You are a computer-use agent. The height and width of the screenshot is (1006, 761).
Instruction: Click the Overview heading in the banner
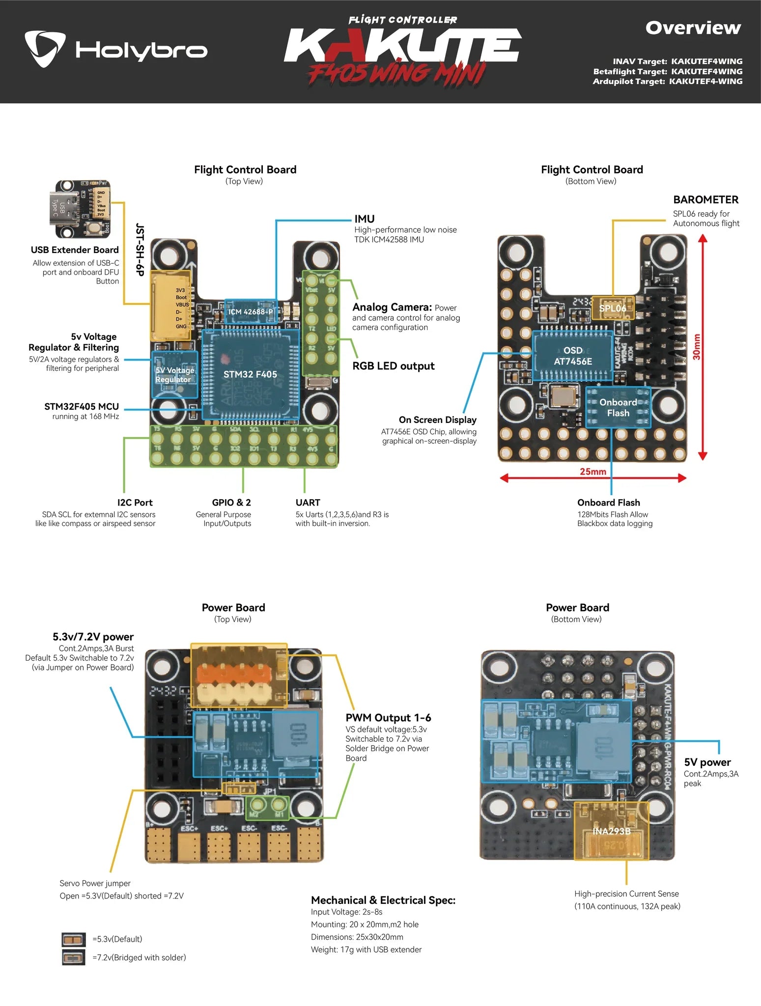click(693, 28)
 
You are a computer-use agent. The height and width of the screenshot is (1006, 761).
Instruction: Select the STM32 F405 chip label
click(250, 374)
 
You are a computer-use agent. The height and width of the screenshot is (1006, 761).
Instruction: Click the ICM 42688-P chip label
click(250, 312)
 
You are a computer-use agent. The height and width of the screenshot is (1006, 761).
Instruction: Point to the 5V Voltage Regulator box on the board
click(174, 375)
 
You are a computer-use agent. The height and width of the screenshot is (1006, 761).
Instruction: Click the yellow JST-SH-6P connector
click(169, 306)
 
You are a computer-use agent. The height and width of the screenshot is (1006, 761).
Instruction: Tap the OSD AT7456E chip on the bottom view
click(573, 356)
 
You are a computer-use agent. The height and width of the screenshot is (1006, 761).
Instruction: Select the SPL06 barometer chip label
click(612, 308)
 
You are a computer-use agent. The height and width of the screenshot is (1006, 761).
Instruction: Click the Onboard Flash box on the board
click(618, 408)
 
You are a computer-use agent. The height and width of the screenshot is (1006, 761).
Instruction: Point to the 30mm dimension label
click(696, 347)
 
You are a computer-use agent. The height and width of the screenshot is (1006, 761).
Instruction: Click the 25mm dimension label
click(592, 472)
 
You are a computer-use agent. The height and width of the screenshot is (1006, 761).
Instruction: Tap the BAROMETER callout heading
click(705, 200)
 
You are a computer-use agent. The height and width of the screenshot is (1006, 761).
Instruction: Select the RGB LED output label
click(393, 366)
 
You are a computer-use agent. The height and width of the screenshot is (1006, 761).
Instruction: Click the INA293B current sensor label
click(611, 831)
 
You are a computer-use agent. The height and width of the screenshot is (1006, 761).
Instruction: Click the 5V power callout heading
click(707, 762)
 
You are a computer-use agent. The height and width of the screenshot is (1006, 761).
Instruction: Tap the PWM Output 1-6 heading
click(388, 718)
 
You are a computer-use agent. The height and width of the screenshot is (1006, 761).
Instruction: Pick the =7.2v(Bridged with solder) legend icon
click(74, 957)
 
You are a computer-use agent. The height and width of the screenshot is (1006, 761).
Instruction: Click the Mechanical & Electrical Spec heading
click(383, 900)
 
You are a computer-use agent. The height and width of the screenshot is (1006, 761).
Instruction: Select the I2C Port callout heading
click(135, 503)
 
